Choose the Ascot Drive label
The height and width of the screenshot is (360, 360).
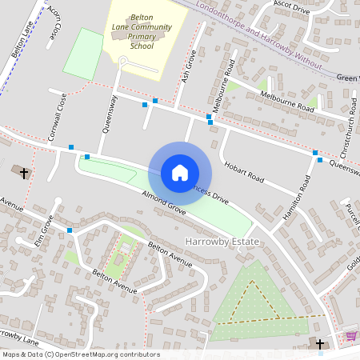(x=291, y=7)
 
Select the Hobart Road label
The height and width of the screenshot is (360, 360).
(x=245, y=170)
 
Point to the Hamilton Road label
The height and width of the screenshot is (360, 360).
(x=297, y=203)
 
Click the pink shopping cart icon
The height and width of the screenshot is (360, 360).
(x=350, y=336)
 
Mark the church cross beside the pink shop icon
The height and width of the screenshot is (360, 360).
(x=321, y=344)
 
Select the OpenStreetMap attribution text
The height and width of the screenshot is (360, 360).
(x=80, y=354)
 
